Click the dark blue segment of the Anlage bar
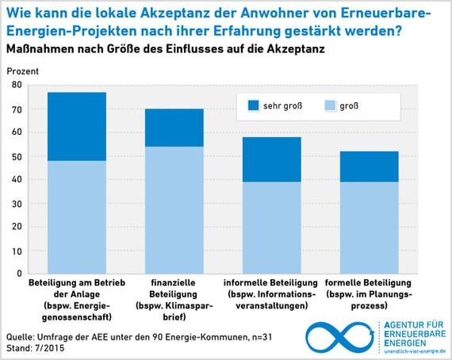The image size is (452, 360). point(77,127)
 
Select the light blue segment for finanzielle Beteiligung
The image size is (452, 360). point(174,210)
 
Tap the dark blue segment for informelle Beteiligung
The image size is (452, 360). point(272,159)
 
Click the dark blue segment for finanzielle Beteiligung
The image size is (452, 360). point(174,128)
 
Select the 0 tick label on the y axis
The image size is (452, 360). point(19,274)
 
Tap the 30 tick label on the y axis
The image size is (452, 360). point(17,202)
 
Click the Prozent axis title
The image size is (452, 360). point(21,70)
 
